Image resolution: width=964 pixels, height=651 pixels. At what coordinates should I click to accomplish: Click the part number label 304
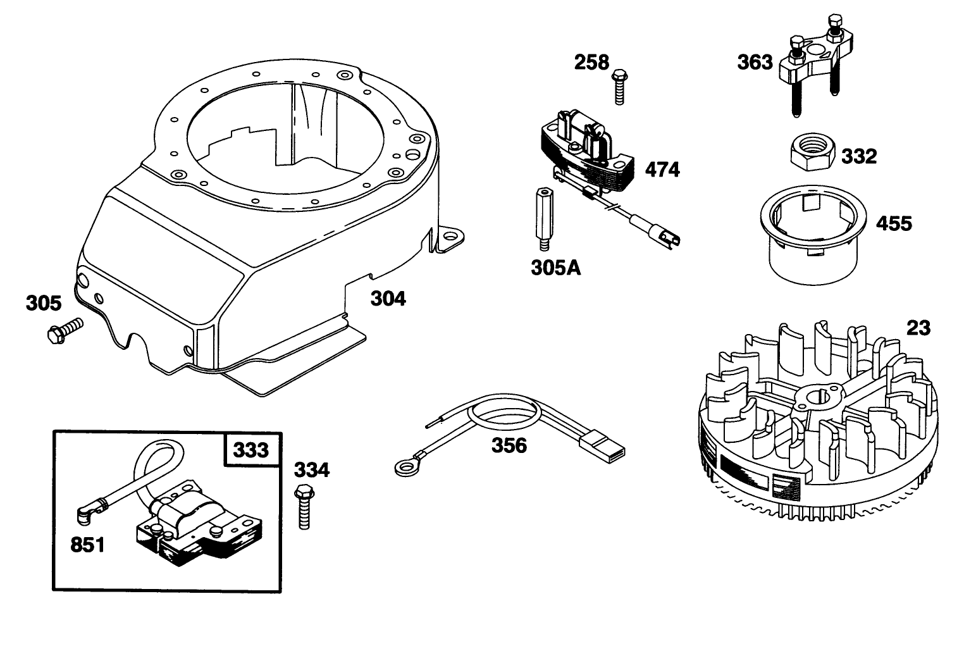pyautogui.click(x=388, y=299)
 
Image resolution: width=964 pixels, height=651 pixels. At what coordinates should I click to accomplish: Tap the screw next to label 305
pyautogui.click(x=65, y=330)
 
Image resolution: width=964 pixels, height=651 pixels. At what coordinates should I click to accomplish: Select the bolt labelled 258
pyautogui.click(x=619, y=87)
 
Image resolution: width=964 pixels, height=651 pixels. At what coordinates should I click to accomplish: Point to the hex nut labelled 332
pyautogui.click(x=813, y=152)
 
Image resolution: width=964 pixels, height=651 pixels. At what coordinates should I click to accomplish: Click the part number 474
pyautogui.click(x=662, y=170)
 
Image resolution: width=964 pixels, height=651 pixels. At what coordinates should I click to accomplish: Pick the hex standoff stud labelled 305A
pyautogui.click(x=545, y=219)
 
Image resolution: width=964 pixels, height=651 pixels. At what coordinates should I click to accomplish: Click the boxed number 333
pyautogui.click(x=251, y=450)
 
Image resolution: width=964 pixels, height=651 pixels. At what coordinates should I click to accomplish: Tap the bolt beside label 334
pyautogui.click(x=304, y=506)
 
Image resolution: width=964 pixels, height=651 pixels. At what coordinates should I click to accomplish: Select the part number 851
pyautogui.click(x=87, y=545)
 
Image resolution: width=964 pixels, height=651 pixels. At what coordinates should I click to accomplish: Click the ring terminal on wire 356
pyautogui.click(x=406, y=468)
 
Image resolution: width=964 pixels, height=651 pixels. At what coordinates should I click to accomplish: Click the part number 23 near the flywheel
pyautogui.click(x=918, y=328)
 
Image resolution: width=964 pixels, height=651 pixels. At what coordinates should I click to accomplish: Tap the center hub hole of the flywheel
pyautogui.click(x=815, y=397)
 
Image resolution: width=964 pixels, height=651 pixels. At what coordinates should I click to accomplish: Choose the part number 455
pyautogui.click(x=894, y=223)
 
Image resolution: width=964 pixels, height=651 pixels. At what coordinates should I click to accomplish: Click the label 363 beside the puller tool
pyautogui.click(x=755, y=62)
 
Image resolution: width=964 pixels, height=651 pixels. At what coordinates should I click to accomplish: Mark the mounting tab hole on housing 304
pyautogui.click(x=450, y=237)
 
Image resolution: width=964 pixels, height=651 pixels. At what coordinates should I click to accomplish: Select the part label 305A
pyautogui.click(x=555, y=268)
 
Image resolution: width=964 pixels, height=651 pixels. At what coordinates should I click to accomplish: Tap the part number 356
pyautogui.click(x=509, y=445)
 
